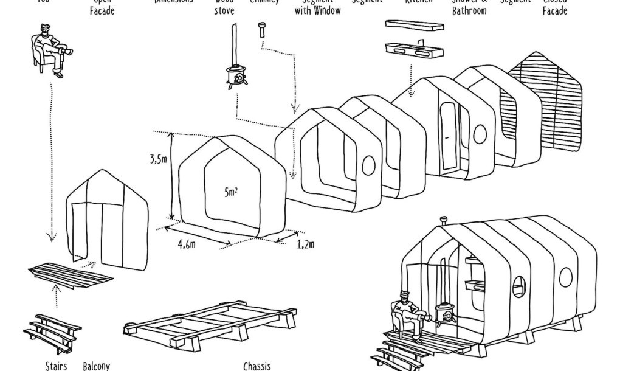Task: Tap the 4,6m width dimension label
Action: click(187, 244)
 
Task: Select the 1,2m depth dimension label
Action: click(306, 244)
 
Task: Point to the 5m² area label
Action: click(230, 192)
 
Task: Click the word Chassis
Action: click(257, 366)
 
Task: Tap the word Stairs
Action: click(56, 366)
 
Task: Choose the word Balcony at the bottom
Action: click(96, 366)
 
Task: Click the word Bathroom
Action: click(469, 11)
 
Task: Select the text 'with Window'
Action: click(318, 11)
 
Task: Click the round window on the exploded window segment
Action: click(368, 165)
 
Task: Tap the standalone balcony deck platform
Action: click(71, 275)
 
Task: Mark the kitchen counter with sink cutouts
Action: click(413, 49)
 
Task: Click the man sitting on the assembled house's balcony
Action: click(408, 313)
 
